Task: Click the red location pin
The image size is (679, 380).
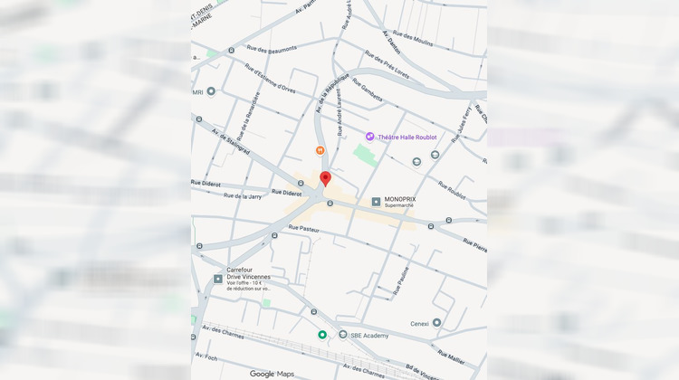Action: (x=326, y=178)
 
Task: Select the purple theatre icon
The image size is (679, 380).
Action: (x=369, y=137)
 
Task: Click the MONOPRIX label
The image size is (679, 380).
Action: (x=400, y=200)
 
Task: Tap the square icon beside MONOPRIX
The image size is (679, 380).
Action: (x=376, y=201)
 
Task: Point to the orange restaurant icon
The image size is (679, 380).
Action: (x=320, y=150)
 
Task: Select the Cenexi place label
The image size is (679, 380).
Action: (x=419, y=322)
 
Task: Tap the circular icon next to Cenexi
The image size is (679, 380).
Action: (x=436, y=322)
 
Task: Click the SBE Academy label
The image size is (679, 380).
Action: (x=370, y=336)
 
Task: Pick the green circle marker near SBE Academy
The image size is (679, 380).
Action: (x=322, y=335)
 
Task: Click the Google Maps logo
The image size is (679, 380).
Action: (x=273, y=374)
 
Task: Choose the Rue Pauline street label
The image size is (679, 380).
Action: (x=401, y=280)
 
